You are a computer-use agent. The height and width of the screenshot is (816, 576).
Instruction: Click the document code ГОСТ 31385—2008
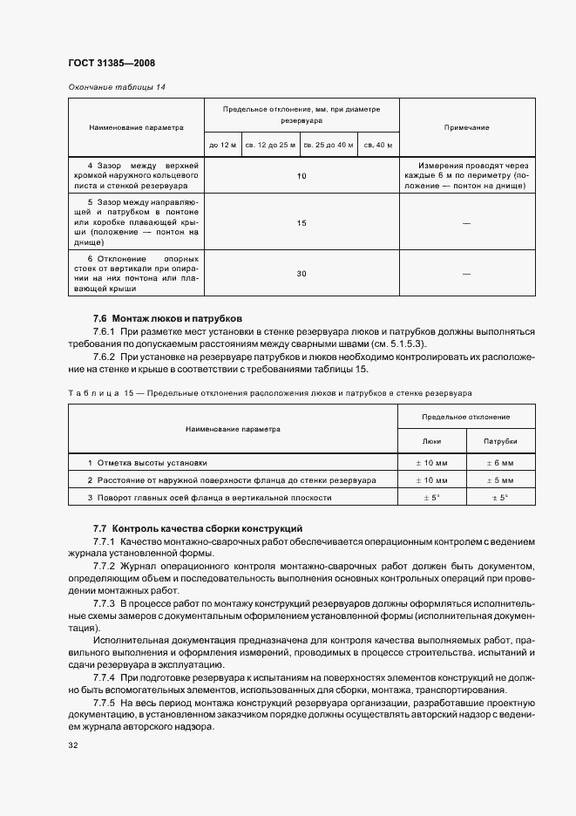tap(112, 62)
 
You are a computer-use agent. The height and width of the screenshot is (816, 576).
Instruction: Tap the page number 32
tap(73, 745)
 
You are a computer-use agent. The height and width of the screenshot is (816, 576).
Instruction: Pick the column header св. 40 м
tap(378, 145)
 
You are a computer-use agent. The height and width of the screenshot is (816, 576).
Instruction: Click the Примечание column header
tap(466, 127)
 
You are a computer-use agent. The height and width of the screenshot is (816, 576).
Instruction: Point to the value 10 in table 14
tap(302, 176)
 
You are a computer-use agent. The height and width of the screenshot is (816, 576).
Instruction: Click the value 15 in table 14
tap(302, 223)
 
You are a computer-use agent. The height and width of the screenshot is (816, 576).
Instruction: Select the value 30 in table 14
tap(302, 274)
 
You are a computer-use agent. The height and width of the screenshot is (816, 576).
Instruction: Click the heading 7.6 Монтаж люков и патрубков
tap(167, 318)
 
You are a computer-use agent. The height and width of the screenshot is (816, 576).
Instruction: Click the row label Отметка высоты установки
tap(152, 463)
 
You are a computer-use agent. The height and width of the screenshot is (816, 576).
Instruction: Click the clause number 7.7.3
tap(104, 603)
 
